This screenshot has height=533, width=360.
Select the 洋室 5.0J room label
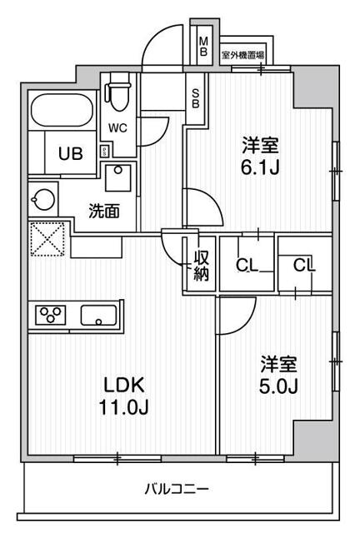[278, 376]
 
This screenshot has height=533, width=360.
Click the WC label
[116, 130]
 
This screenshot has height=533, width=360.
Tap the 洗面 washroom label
[104, 211]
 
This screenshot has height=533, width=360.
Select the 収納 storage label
[201, 264]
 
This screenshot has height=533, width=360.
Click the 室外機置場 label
[243, 55]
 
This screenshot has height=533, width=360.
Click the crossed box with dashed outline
[48, 239]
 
